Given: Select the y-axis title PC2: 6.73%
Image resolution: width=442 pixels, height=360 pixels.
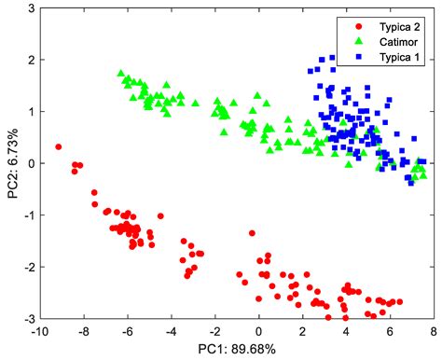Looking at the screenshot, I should (x=10, y=164).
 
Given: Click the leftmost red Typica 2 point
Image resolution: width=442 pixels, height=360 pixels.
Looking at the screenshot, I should (x=58, y=146).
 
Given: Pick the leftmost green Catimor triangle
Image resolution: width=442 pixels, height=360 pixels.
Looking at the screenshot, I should (x=120, y=73).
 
